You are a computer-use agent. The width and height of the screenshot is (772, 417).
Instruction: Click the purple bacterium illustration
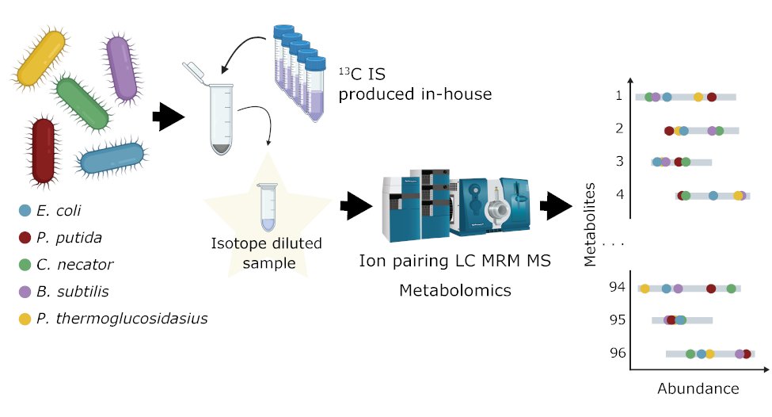pyautogui.click(x=122, y=68)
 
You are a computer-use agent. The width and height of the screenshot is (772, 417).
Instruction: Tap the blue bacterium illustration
pyautogui.click(x=112, y=157)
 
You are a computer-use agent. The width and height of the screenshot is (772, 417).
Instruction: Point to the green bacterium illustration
pyautogui.click(x=82, y=102)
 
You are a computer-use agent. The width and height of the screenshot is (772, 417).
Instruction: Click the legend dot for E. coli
pyautogui.click(x=25, y=211)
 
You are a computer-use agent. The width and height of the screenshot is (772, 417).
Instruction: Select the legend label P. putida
pyautogui.click(x=70, y=237)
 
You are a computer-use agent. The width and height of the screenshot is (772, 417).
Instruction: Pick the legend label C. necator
pyautogui.click(x=75, y=265)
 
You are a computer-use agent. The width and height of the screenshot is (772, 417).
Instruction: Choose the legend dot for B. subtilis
pyautogui.click(x=25, y=292)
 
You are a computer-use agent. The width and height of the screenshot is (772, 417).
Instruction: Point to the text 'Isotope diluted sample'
pyautogui.click(x=266, y=253)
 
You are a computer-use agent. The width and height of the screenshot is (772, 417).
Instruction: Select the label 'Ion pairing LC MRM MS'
pyautogui.click(x=454, y=261)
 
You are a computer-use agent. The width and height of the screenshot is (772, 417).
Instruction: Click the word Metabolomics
pyautogui.click(x=454, y=290)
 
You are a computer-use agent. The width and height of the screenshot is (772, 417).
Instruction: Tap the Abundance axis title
pyautogui.click(x=698, y=388)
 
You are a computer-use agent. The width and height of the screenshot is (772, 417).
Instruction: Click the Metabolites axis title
pyautogui.click(x=590, y=224)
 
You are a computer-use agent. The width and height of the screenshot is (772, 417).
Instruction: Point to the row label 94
pyautogui.click(x=618, y=286)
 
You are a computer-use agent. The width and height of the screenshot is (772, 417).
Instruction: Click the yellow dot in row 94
pyautogui.click(x=645, y=289)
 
